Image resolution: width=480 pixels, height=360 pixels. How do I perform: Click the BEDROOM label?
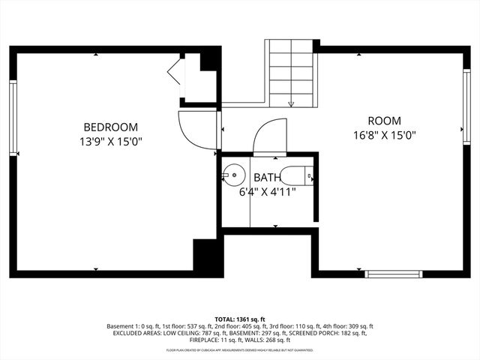point(110,127)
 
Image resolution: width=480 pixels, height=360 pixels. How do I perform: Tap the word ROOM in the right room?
point(384,121)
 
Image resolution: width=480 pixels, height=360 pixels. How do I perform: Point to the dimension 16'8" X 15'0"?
point(384,135)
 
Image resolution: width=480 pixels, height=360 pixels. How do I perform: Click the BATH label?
point(267,178)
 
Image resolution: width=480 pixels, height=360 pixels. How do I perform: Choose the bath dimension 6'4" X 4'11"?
point(267,191)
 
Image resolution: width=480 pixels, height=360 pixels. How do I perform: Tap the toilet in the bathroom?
point(302,176)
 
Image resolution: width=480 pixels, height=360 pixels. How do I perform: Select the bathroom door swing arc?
point(267,136)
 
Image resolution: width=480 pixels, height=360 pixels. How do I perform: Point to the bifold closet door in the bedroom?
point(175,73)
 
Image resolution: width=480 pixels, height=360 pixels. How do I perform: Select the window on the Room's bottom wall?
point(392,274)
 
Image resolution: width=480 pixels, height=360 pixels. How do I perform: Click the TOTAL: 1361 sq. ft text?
point(240,319)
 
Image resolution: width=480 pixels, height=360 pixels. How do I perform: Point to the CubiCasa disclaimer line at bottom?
point(240,350)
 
